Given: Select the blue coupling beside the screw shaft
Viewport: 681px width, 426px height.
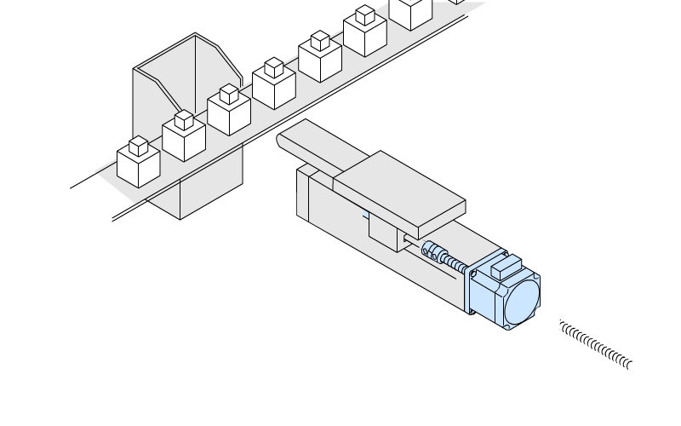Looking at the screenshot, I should tap(433, 252).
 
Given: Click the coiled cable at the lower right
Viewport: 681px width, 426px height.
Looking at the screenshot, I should tap(596, 345).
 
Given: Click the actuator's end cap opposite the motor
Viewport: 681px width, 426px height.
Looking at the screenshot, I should tap(301, 192).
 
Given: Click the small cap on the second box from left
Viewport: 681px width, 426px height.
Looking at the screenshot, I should tap(184, 118).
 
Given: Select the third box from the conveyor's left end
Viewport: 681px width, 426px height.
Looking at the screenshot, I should tap(229, 112).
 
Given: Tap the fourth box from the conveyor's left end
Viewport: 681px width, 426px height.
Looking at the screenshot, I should tap(274, 87).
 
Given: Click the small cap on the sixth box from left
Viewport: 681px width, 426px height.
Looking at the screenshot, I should tap(365, 14).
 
